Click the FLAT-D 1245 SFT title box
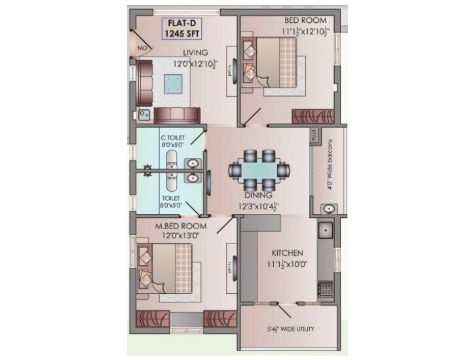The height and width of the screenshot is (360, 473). pos(180,29)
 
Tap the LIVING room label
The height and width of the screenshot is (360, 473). pos(196,53)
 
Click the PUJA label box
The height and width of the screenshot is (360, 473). pos(314,135)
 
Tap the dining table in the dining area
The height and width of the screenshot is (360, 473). pos(259,170)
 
